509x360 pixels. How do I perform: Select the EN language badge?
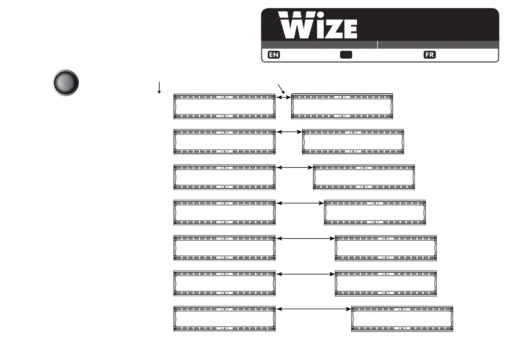pos(274,55)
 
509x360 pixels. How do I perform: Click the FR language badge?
pos(430,55)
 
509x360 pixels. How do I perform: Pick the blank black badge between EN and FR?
pos(346,55)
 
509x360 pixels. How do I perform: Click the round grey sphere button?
pos(66,83)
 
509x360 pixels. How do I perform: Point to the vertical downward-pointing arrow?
pos(159,87)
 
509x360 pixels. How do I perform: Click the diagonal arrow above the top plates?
pos(281,89)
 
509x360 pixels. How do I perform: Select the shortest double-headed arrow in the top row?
pos(284,97)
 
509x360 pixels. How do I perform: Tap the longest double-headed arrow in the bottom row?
pos(313,309)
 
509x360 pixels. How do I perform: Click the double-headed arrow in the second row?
pos(289,132)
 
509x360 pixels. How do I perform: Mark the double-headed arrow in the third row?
pos(294,167)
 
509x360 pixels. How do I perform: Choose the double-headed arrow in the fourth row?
pos(300,203)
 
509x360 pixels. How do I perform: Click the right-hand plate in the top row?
pos(342,106)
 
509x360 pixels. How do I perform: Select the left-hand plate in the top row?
pos(224,106)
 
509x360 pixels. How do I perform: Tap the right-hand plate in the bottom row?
pos(402,319)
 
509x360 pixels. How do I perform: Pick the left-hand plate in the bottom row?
pos(224,319)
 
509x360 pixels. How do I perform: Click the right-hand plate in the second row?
pos(353,142)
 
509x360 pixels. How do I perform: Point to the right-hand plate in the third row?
pos(364,177)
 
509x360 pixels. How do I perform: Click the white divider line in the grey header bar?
pos(378,45)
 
